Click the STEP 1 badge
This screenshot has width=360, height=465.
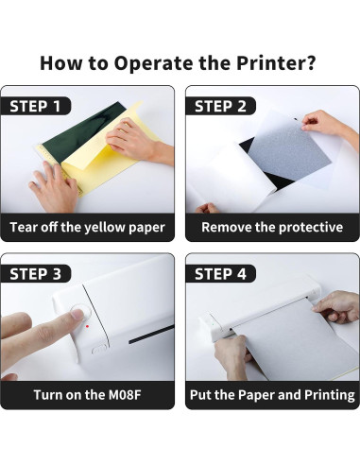click(36, 106)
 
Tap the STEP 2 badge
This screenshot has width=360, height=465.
click(220, 106)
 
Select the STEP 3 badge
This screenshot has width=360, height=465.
click(36, 273)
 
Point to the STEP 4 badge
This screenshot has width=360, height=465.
click(220, 273)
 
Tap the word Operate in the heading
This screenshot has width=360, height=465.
click(154, 63)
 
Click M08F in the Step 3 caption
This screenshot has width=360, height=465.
click(125, 395)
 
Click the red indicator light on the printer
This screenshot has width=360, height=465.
click(87, 326)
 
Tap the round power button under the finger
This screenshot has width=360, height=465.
click(81, 313)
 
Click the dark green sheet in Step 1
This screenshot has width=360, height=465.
click(78, 135)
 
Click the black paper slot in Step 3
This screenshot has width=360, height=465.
click(151, 334)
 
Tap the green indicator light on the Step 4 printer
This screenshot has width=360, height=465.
click(213, 323)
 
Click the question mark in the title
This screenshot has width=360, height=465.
click(310, 63)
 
